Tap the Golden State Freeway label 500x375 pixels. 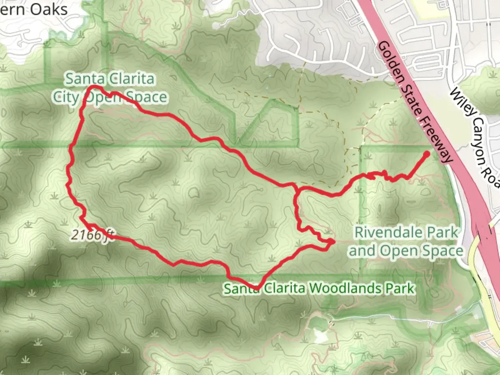tap(415, 102)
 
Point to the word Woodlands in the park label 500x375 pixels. tap(345, 288)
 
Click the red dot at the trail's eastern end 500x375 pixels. tap(427, 153)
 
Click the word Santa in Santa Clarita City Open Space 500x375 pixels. tap(82, 79)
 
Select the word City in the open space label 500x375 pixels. tap(66, 97)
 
